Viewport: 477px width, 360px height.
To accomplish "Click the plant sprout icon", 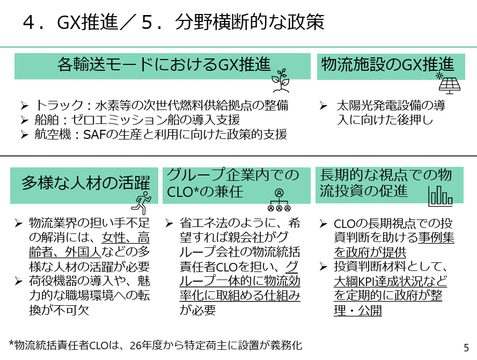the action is (281, 80).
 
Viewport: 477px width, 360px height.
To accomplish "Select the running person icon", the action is (142, 203).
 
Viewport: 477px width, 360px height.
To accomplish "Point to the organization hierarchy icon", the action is (279, 200).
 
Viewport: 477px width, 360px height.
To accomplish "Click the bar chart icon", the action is (440, 196).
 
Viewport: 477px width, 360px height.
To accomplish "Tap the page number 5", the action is (466, 348).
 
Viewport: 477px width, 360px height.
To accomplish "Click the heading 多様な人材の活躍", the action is (86, 183).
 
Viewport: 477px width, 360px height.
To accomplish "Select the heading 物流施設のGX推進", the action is (387, 64).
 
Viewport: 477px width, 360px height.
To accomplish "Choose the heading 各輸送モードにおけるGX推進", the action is (164, 64).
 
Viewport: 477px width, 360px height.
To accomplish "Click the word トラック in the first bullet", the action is (59, 105).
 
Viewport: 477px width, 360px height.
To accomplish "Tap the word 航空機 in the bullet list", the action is (53, 134).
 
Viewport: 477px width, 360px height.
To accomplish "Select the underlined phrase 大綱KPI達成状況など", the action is (390, 281).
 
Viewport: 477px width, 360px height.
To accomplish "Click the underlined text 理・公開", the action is (358, 311).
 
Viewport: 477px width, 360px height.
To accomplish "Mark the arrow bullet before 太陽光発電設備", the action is (323, 106).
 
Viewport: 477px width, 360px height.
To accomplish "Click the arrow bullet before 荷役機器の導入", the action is (18, 281).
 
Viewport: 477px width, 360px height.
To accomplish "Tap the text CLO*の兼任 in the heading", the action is (205, 192).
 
